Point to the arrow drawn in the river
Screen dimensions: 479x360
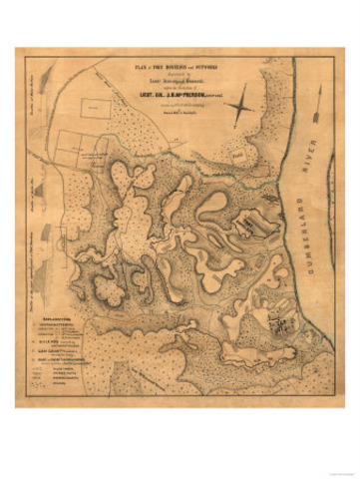[x=317, y=103]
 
